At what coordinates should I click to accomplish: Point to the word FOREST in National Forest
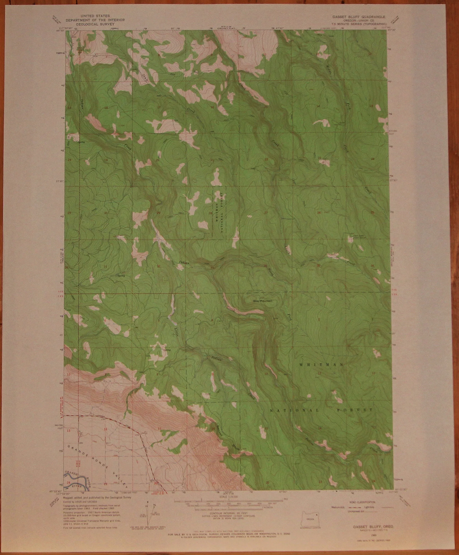point(358,410)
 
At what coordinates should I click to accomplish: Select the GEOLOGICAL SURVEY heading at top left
point(95,24)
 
